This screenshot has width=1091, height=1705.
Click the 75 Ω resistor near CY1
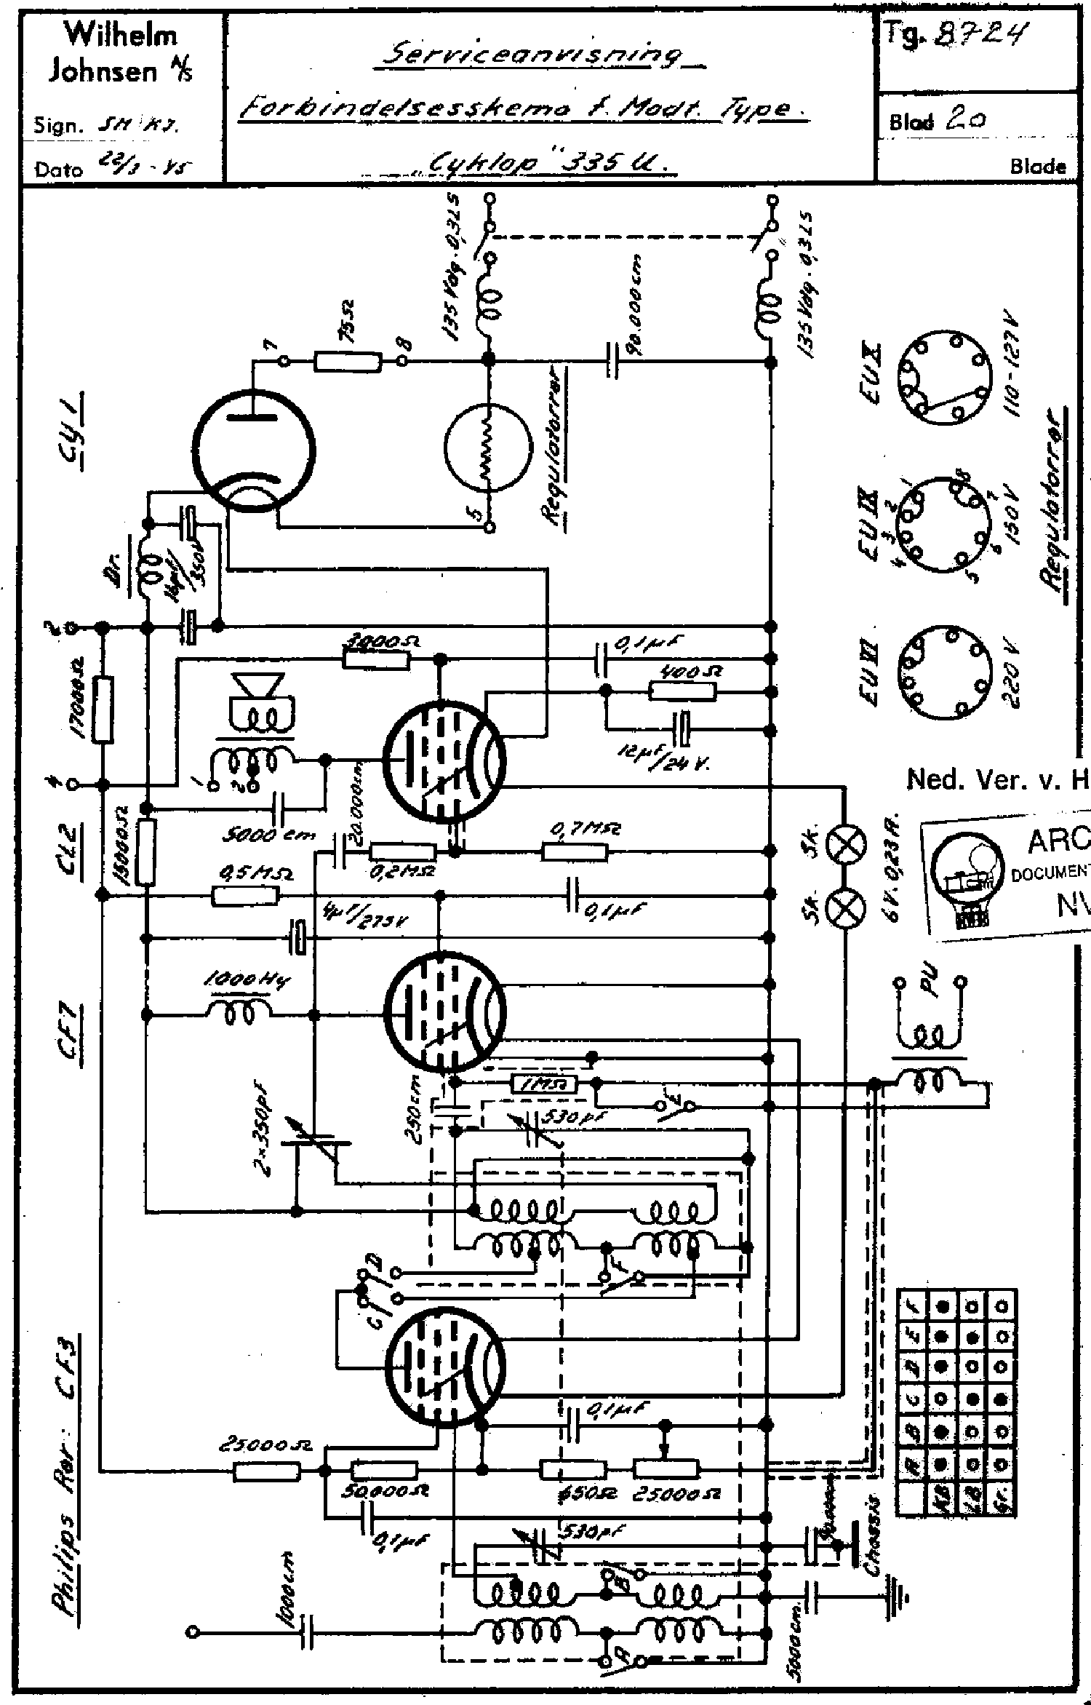pos(348,361)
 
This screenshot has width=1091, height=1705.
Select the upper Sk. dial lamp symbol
pos(847,845)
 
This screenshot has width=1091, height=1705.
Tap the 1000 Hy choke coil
pos(240,1014)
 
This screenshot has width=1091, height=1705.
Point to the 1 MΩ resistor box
pos(544,1085)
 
